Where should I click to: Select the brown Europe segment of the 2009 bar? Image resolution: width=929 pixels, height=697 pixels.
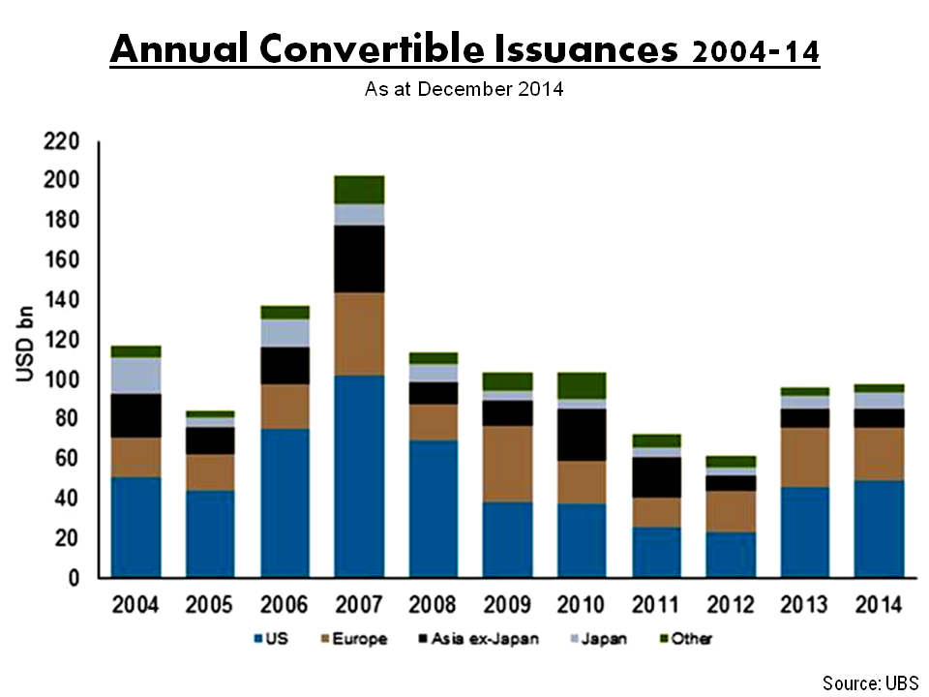[507, 464]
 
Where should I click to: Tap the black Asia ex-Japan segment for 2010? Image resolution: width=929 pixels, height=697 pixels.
[582, 435]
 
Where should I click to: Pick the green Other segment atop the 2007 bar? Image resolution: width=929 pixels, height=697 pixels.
[359, 190]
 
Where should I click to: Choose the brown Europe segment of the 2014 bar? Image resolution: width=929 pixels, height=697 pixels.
[880, 453]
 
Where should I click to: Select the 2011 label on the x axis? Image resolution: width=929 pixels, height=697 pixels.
[656, 605]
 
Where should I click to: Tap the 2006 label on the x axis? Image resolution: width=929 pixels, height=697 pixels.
[285, 605]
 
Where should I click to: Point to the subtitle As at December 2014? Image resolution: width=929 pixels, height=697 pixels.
[464, 90]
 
